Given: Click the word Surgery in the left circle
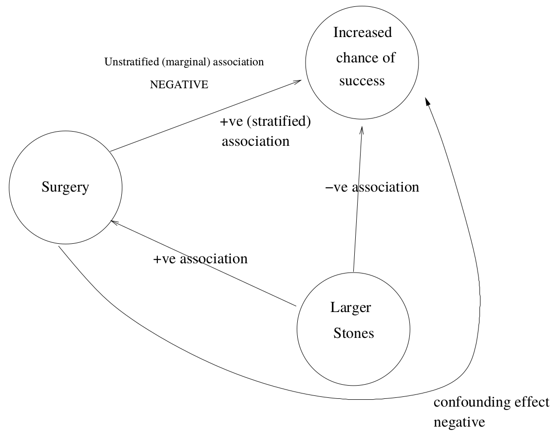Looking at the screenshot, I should pyautogui.click(x=65, y=188).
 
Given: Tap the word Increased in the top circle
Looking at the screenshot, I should pyautogui.click(x=362, y=33).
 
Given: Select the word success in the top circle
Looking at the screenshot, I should pyautogui.click(x=362, y=81).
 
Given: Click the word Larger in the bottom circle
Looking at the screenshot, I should pyautogui.click(x=350, y=308).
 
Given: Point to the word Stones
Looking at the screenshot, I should pyautogui.click(x=353, y=333).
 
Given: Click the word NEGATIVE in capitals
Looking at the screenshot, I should pyautogui.click(x=179, y=85).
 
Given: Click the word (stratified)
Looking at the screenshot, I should pyautogui.click(x=279, y=121).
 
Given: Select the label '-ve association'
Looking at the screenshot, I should pyautogui.click(x=372, y=187).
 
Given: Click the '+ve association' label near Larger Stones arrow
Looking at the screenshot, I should pyautogui.click(x=200, y=259).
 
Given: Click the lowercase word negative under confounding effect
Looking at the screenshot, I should pyautogui.click(x=459, y=422).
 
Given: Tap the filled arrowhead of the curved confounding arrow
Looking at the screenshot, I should pyautogui.click(x=427, y=101).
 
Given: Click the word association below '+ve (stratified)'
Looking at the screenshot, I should pyautogui.click(x=255, y=141).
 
